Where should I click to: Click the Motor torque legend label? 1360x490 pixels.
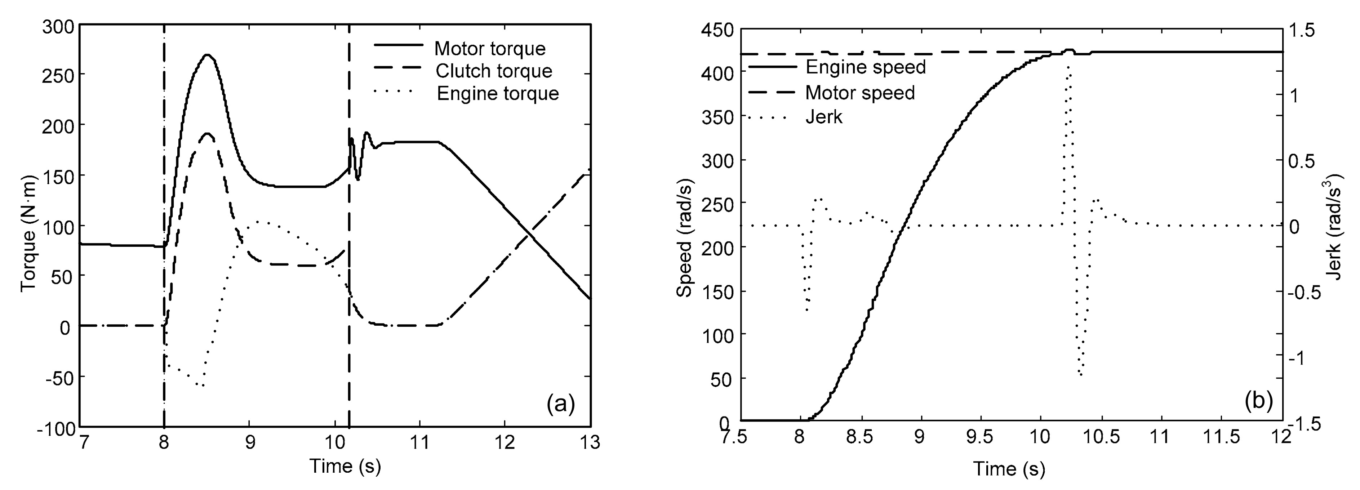pyautogui.click(x=489, y=49)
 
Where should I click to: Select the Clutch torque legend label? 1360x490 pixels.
pyautogui.click(x=494, y=71)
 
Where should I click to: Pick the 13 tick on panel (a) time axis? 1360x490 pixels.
pyautogui.click(x=589, y=442)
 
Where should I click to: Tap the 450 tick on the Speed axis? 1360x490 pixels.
pyautogui.click(x=718, y=31)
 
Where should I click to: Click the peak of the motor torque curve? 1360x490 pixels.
pyautogui.click(x=208, y=55)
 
